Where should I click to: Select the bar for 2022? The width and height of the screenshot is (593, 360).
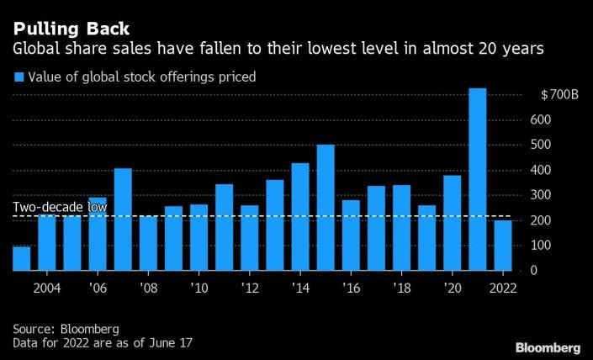502,246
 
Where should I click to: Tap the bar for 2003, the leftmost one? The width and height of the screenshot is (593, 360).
21,258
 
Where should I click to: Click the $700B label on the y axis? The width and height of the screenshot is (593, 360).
560,95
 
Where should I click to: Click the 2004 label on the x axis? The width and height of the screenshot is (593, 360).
46,287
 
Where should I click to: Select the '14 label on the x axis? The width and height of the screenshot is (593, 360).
300,287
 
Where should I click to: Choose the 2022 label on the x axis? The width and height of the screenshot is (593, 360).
502,287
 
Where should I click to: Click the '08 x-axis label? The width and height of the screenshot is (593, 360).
148,287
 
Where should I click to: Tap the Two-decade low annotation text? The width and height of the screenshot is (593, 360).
60,208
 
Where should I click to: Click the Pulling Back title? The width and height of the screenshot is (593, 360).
71,30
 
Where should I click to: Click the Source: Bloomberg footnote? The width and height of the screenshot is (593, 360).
66,329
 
